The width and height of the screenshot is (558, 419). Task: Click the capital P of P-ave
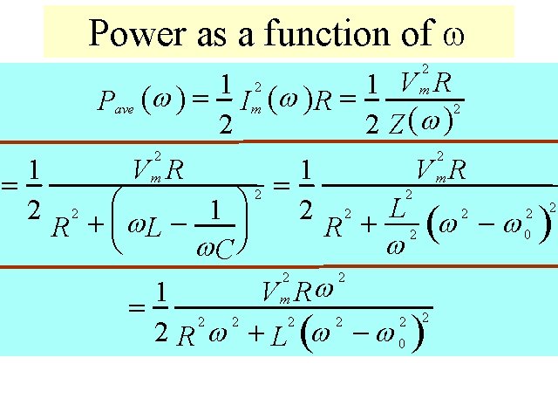tap(104, 104)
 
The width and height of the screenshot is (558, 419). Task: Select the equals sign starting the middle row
tap(10, 184)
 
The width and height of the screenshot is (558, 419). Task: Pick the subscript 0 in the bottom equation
tap(400, 344)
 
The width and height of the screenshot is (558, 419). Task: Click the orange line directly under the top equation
tap(279, 141)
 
